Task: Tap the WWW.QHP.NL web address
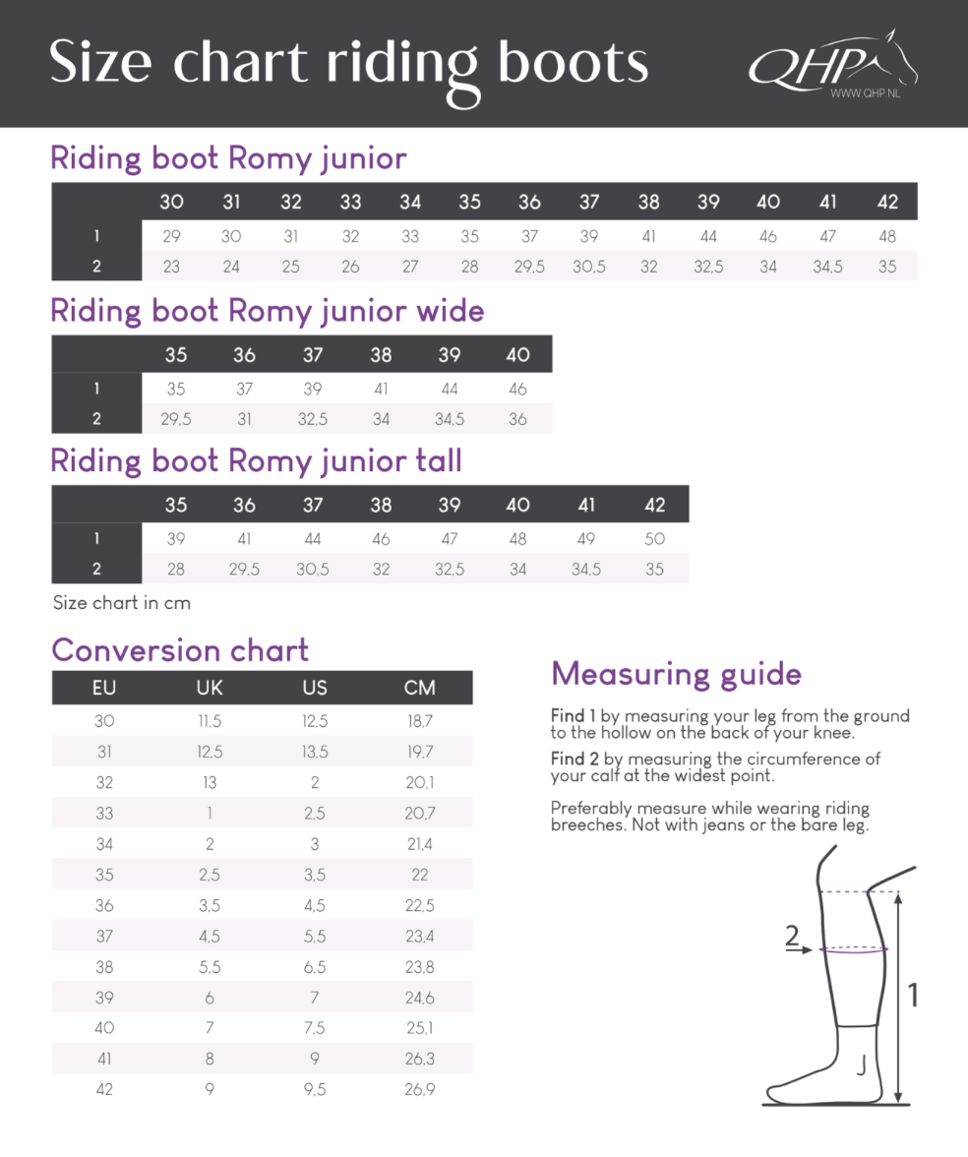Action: pyautogui.click(x=865, y=93)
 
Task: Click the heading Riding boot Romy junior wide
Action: pyautogui.click(x=267, y=311)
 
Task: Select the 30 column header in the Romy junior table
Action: pyautogui.click(x=171, y=202)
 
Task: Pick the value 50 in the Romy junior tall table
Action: pyautogui.click(x=654, y=538)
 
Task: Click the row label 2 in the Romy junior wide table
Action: pyautogui.click(x=96, y=419)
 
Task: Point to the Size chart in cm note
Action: pyautogui.click(x=121, y=602)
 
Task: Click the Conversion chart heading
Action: pyautogui.click(x=180, y=650)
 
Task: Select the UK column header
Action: pyautogui.click(x=210, y=688)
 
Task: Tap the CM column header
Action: pyautogui.click(x=419, y=688)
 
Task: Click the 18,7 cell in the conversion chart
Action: pyautogui.click(x=419, y=721)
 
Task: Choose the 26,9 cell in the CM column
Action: pyautogui.click(x=419, y=1089)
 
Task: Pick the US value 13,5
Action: pyautogui.click(x=315, y=752)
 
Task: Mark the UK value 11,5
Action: pyautogui.click(x=210, y=721)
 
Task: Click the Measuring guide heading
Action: pyautogui.click(x=676, y=674)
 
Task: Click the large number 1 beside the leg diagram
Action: pyautogui.click(x=912, y=996)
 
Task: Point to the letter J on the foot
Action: pyautogui.click(x=861, y=1066)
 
